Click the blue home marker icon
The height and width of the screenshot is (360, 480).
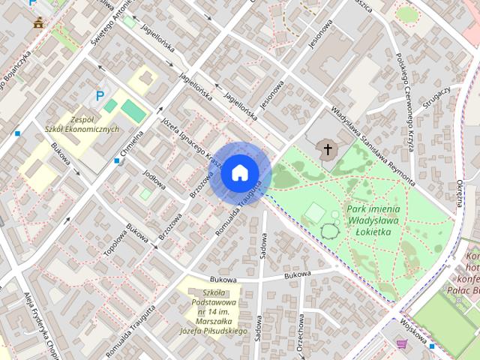click(238, 172)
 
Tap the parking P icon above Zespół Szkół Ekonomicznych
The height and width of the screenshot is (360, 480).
click(99, 96)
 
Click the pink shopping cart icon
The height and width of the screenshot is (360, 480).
click(403, 346)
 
